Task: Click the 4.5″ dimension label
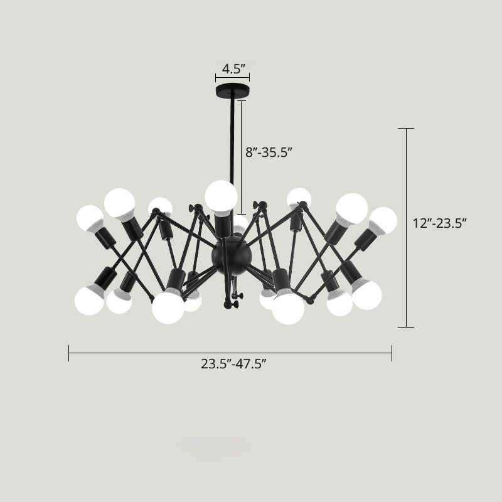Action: [x=232, y=68]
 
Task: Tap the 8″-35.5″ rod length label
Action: [x=269, y=152]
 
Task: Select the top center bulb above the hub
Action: [x=221, y=196]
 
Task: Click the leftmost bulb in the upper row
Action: [x=90, y=218]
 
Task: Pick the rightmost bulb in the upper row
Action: [x=383, y=220]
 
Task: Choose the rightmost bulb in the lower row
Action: [x=367, y=294]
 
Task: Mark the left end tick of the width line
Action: [x=69, y=353]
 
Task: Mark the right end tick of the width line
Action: [x=392, y=353]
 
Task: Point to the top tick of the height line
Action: [x=407, y=129]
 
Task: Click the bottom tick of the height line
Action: [x=407, y=327]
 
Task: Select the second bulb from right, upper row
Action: [x=351, y=208]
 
